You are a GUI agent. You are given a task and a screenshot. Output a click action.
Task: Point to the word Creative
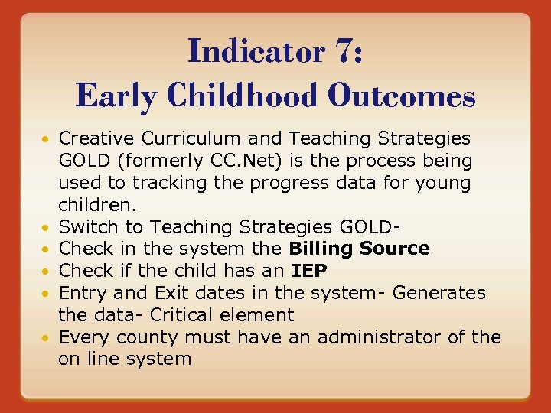pyautogui.click(x=93, y=138)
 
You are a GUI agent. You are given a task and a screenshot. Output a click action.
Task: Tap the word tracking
pyautogui.click(x=168, y=184)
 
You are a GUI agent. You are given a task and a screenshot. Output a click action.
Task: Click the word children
pyautogui.click(x=96, y=205)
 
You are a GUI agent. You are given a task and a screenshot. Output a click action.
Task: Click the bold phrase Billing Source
pyautogui.click(x=359, y=249)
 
